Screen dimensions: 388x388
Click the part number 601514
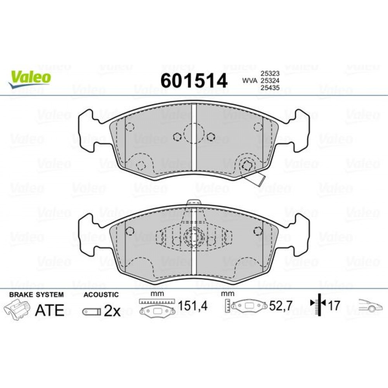pyautogui.click(x=194, y=81)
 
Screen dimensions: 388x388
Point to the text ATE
pyautogui.click(x=50, y=310)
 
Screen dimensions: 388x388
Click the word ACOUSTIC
pyautogui.click(x=101, y=295)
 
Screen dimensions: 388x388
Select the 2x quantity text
pyautogui.click(x=112, y=310)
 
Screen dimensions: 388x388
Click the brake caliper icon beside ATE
pyautogui.click(x=17, y=310)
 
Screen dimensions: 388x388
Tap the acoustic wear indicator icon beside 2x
pyautogui.click(x=91, y=311)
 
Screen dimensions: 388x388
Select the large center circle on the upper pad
pyautogui.click(x=193, y=133)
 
